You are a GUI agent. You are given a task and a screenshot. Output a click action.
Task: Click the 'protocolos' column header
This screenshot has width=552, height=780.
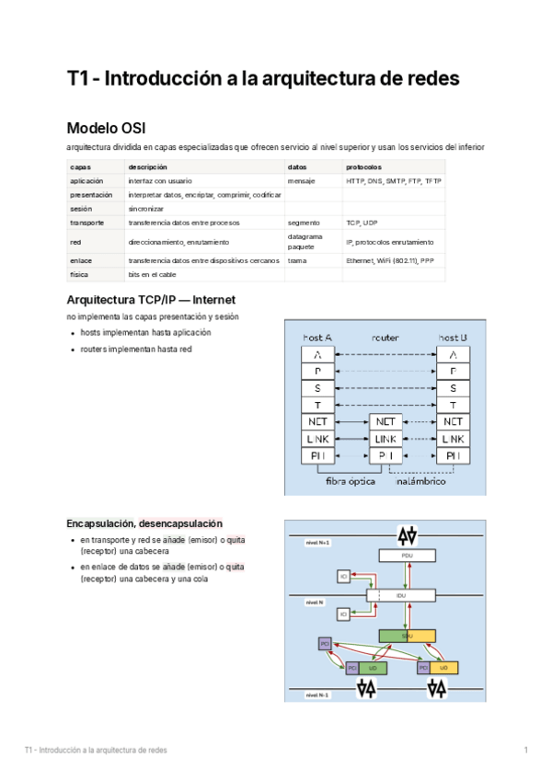pos(363,167)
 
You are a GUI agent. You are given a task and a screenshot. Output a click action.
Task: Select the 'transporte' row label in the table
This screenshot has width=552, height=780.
pos(86,223)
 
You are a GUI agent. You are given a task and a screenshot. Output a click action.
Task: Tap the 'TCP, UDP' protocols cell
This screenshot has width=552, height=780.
pos(362,223)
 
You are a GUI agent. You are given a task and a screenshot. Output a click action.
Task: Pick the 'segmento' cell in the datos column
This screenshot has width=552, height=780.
pos(304,223)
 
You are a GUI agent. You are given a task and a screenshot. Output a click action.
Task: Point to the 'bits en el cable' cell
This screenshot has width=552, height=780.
pos(153,275)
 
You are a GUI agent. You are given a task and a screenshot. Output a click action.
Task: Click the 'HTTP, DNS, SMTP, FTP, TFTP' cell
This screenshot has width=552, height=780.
pos(394,181)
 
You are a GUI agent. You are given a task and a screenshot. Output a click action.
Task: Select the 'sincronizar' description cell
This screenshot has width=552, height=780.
pos(146,209)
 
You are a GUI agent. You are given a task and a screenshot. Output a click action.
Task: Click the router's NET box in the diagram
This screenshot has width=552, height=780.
pos(385,422)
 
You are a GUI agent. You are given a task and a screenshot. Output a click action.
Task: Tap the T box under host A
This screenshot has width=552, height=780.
pos(317,405)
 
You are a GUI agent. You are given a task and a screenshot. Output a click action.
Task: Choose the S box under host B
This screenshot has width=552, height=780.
pos(453,388)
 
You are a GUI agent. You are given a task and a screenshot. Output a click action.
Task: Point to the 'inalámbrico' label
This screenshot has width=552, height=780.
pos(420,481)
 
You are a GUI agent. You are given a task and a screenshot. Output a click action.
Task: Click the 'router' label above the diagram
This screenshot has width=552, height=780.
pos(385,338)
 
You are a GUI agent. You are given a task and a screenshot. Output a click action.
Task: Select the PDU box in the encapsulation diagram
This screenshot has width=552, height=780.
pos(407,556)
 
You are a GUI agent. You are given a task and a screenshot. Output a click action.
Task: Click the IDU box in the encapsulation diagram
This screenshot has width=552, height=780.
pos(401,595)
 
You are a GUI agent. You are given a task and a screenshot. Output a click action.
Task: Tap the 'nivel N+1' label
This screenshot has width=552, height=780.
pos(317,543)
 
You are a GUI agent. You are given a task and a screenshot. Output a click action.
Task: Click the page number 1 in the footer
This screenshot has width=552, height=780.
pos(525,751)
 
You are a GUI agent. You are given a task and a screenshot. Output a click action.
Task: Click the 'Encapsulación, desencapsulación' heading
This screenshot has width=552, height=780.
pos(144,523)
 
